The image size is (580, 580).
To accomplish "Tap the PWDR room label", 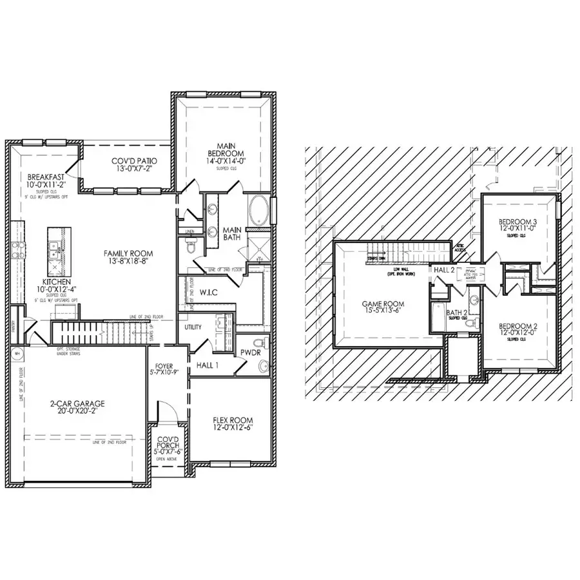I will tap(249, 353).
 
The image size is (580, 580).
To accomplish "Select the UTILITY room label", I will tap(193, 327).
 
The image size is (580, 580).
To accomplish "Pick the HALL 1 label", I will tap(208, 365).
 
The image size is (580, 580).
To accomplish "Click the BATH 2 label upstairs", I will tap(457, 314).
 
